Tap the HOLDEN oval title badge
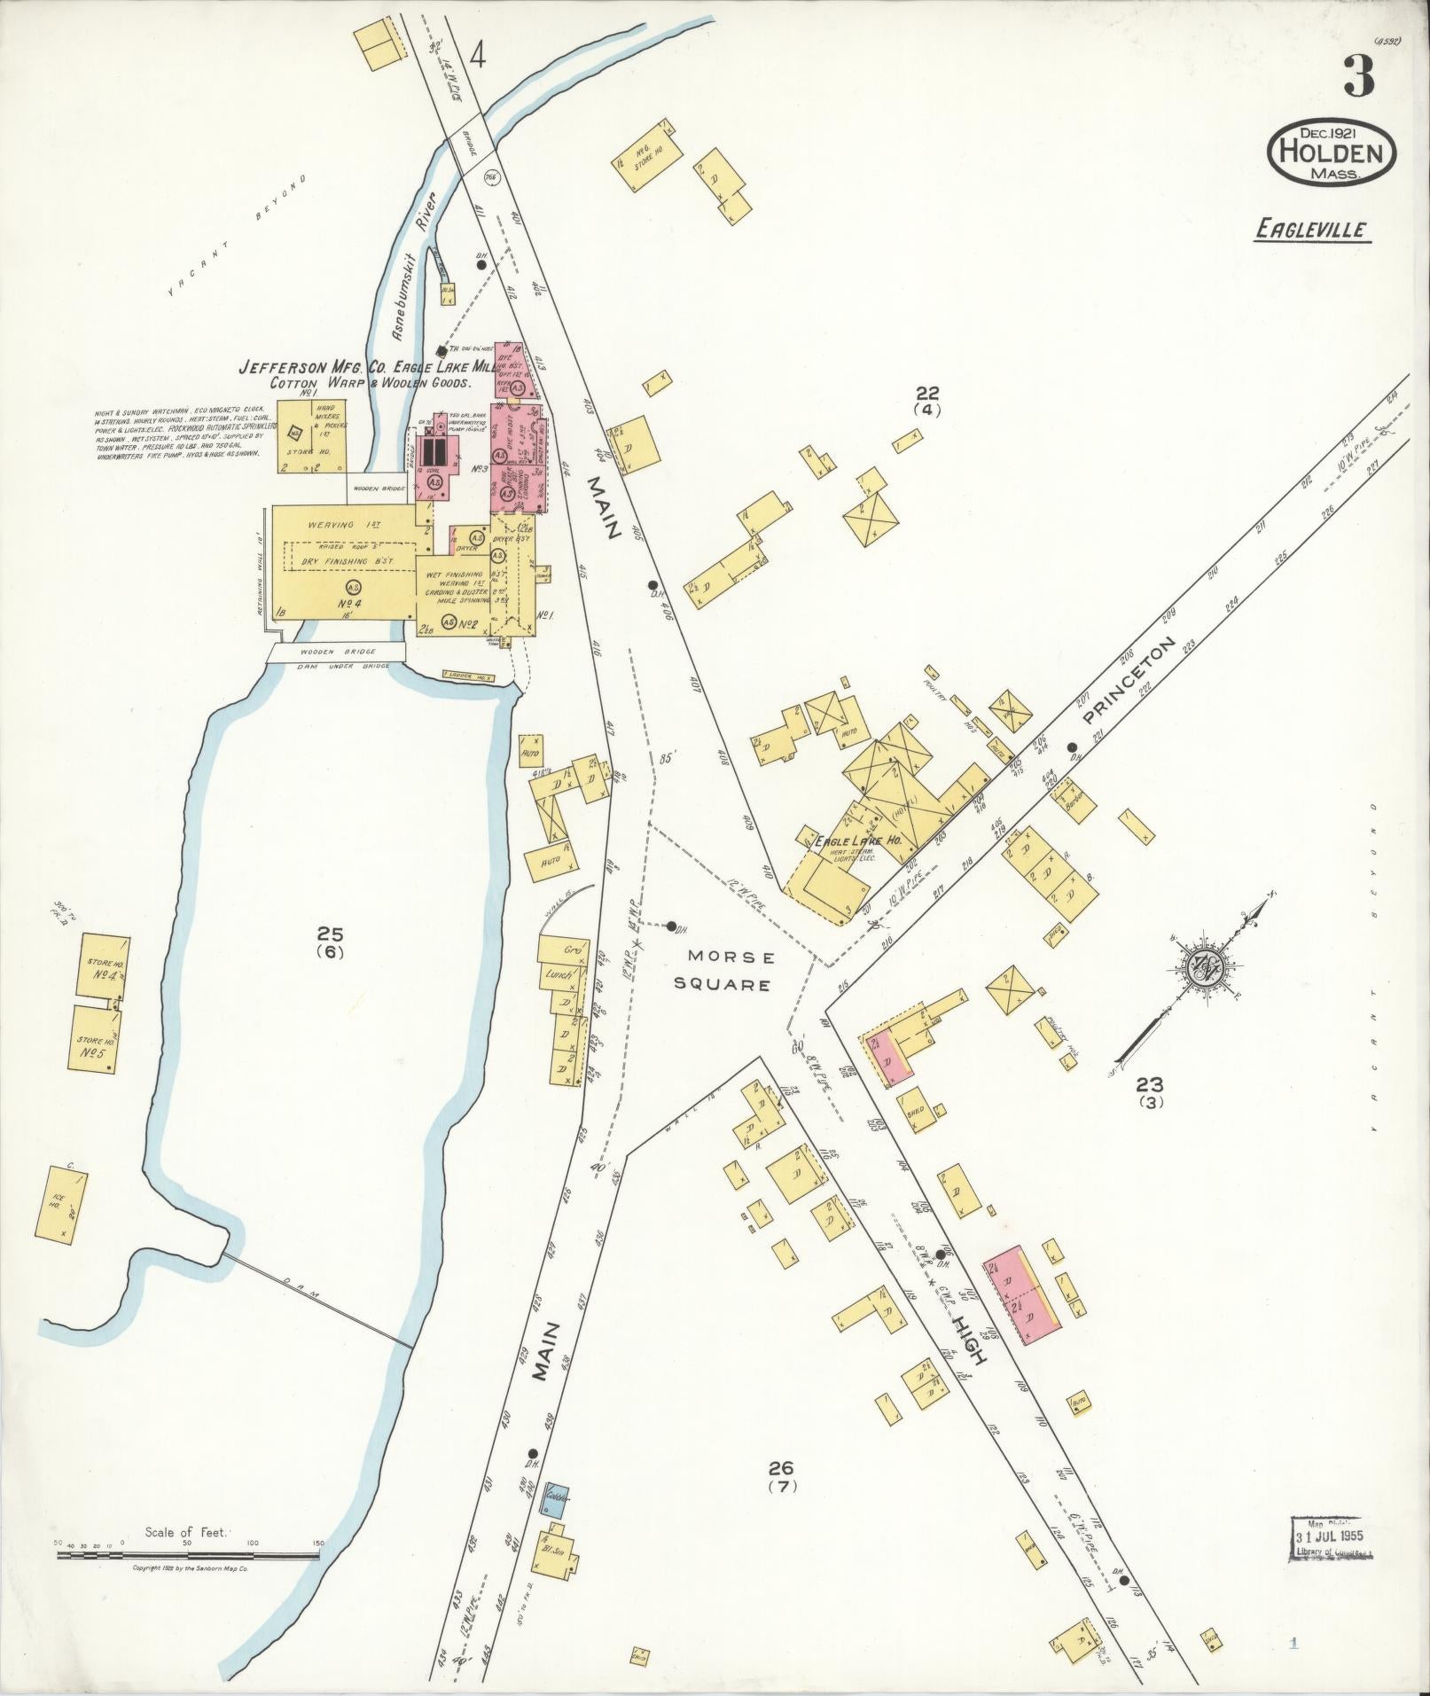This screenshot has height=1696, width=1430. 1332,154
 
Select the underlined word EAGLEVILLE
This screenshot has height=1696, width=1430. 1313,231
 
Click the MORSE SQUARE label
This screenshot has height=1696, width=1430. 732,971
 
